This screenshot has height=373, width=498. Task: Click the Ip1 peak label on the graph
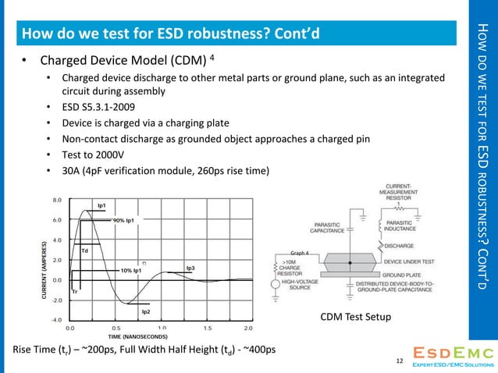click(x=101, y=205)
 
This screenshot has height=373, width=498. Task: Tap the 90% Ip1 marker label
click(x=123, y=220)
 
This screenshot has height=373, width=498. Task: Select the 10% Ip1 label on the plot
click(x=130, y=270)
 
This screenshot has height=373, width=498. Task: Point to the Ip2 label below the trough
click(x=145, y=311)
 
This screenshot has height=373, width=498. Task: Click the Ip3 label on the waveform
click(x=190, y=268)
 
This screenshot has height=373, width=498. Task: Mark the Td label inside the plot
click(x=85, y=250)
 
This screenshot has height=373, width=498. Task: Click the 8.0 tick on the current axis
click(x=57, y=200)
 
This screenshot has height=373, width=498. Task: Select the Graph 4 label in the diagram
click(x=300, y=253)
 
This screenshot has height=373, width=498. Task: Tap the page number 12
click(x=400, y=361)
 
